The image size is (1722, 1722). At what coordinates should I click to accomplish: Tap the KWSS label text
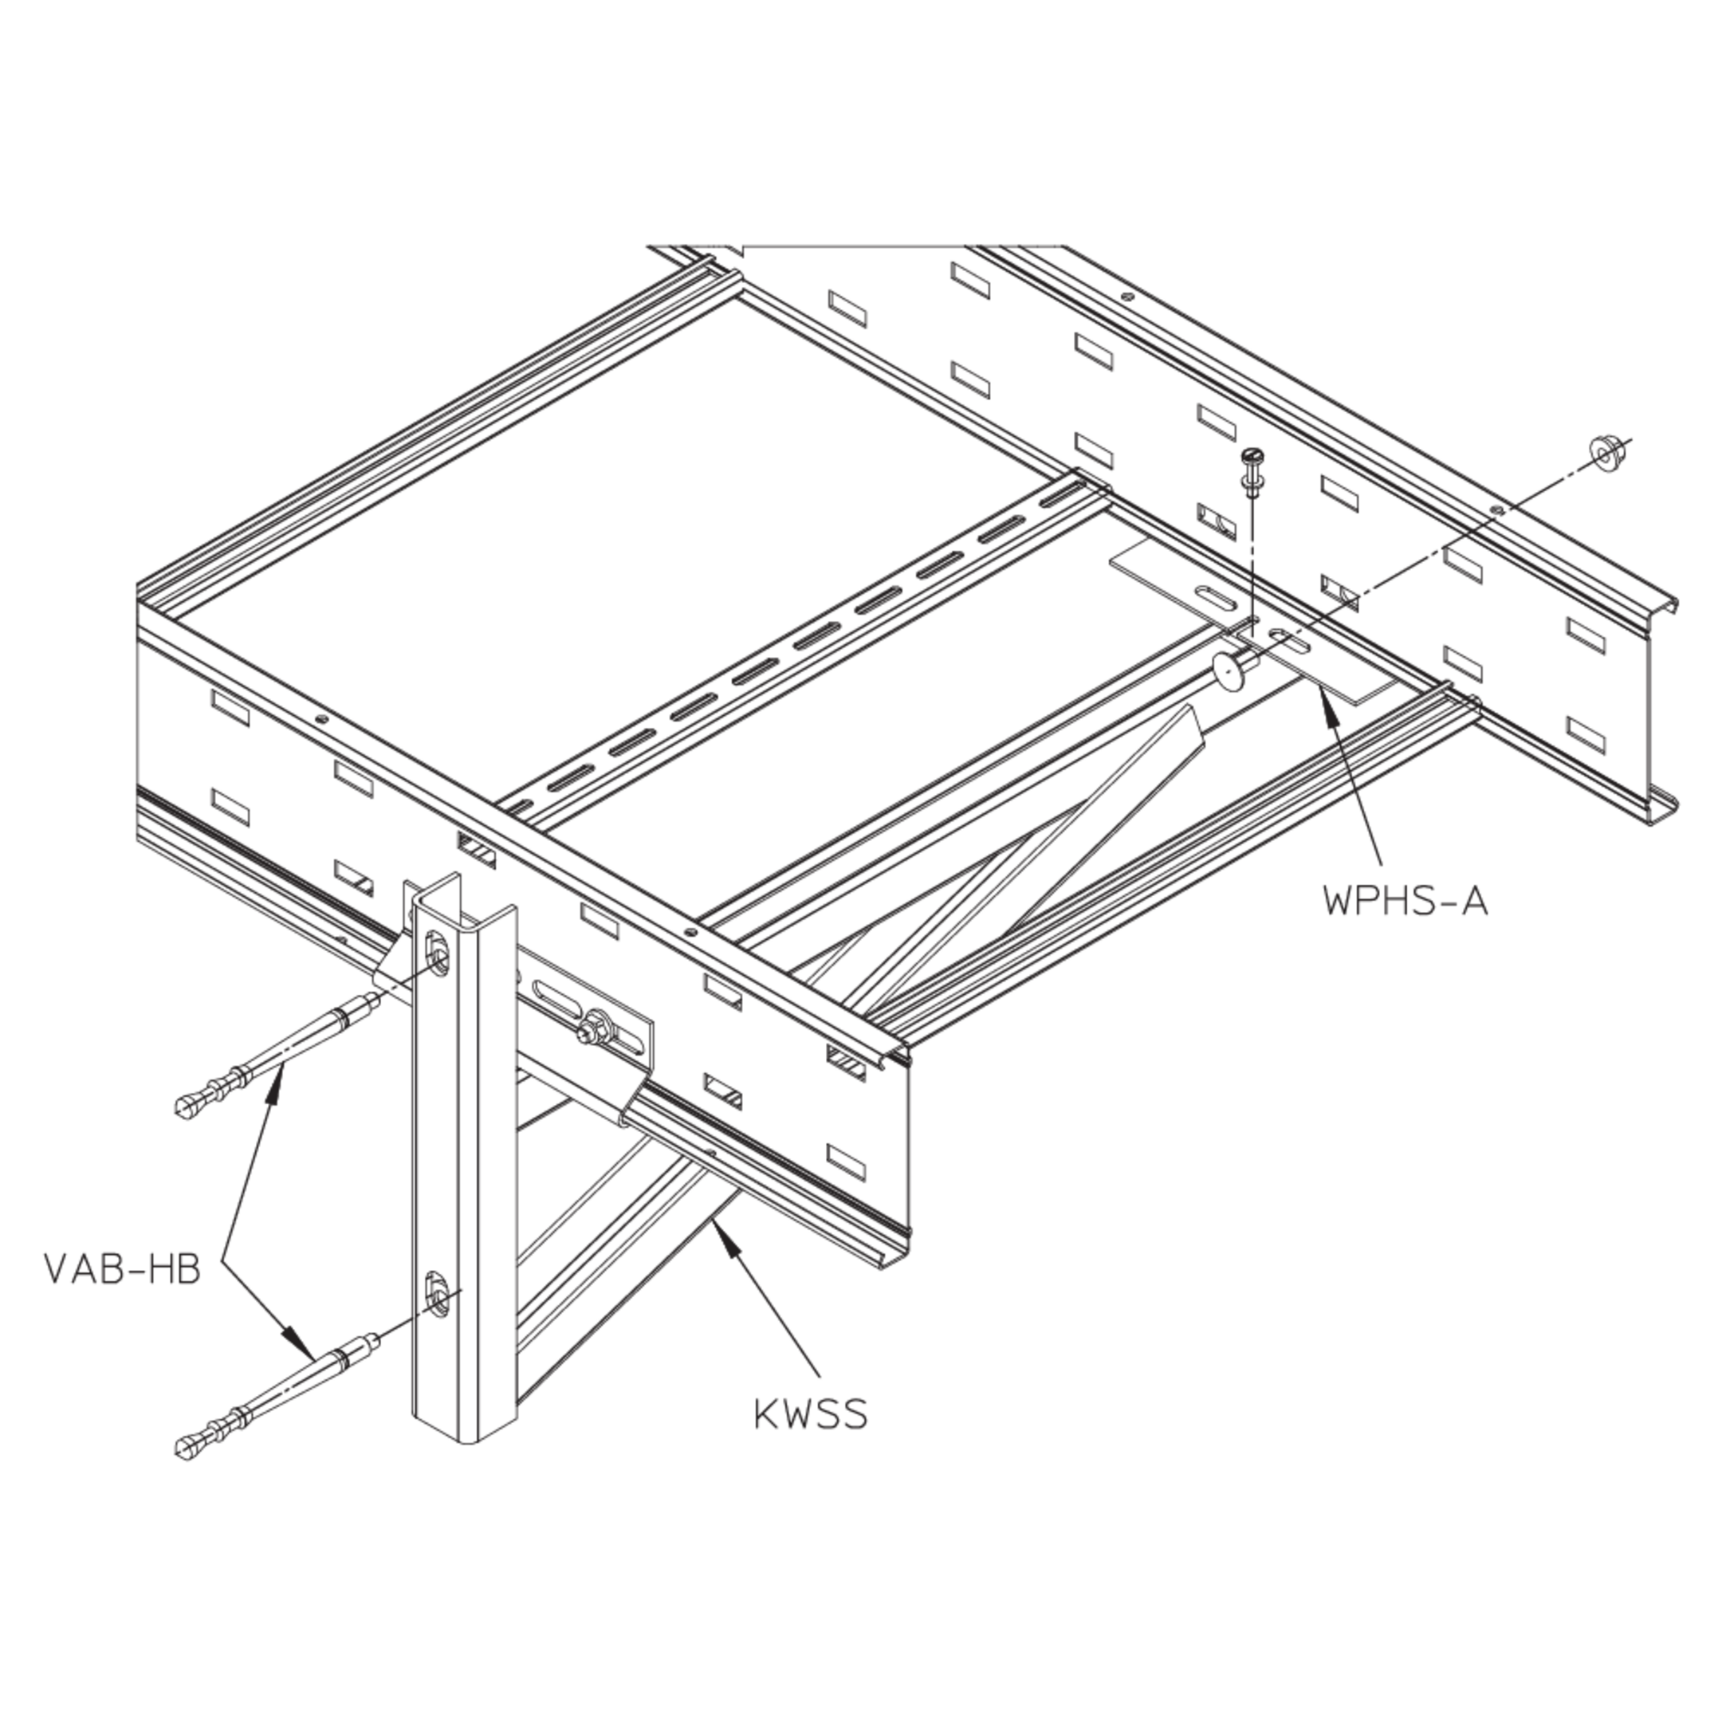(x=810, y=1413)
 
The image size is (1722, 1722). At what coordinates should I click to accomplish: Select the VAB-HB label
(x=122, y=1269)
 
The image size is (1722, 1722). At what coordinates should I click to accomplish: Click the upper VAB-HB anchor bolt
(x=277, y=1055)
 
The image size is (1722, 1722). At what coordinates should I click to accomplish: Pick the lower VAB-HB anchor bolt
(x=277, y=1398)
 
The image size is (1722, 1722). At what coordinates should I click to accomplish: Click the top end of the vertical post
(x=462, y=896)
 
